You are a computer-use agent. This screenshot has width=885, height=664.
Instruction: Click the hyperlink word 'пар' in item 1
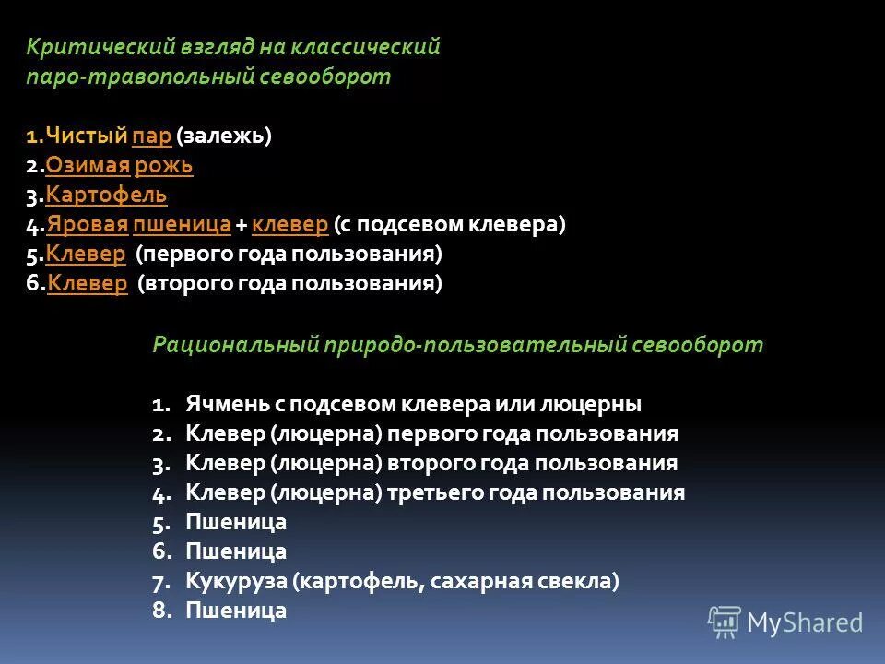click(152, 136)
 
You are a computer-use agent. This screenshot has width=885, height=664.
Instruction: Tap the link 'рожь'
click(163, 166)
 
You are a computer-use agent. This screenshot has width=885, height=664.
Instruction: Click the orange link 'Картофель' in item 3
click(106, 196)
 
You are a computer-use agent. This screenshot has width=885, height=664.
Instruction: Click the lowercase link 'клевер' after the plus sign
click(289, 225)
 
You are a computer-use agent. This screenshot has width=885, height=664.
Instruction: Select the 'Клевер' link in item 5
click(86, 254)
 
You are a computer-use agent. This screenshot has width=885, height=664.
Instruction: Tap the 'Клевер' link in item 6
click(87, 283)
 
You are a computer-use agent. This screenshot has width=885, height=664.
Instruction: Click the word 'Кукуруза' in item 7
click(237, 581)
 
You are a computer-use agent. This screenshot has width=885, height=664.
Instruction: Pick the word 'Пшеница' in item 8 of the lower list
click(236, 611)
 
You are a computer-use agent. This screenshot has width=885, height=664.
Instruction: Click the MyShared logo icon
click(725, 622)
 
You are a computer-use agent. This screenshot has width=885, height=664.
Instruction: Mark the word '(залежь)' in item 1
click(225, 136)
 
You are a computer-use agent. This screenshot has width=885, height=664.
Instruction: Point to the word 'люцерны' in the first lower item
click(596, 404)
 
